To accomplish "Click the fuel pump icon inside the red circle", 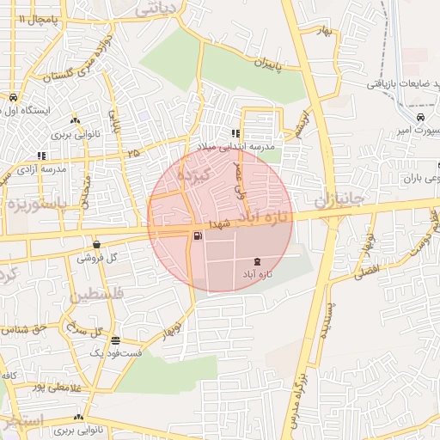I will [x=199, y=235].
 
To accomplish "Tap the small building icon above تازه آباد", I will [x=259, y=261].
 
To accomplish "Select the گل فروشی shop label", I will [x=96, y=257].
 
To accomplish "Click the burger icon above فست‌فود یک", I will [x=115, y=340].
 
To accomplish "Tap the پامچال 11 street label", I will [x=25, y=18].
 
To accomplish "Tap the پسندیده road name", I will [x=325, y=321].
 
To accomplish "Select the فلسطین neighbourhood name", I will [x=95, y=295].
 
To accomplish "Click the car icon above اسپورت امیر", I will [x=419, y=117].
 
